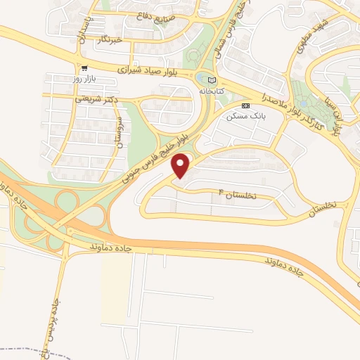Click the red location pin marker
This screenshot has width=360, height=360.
click(x=181, y=167)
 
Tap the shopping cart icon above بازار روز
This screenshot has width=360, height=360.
click(x=86, y=68)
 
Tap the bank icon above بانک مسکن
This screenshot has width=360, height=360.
click(x=245, y=106)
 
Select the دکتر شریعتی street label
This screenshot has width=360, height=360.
click(x=94, y=99)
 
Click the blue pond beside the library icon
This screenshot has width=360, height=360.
click(x=202, y=78)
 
